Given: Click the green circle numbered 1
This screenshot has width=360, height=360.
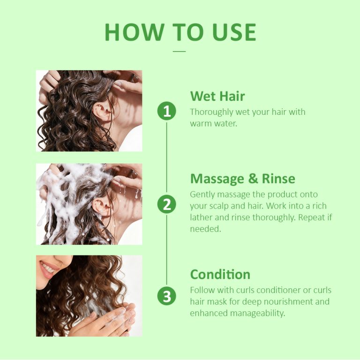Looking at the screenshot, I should [x=166, y=112].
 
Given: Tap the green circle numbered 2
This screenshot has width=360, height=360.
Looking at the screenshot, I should [x=166, y=204].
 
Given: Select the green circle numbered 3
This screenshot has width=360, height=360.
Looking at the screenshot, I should [x=166, y=297].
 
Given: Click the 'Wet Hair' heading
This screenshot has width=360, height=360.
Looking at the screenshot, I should [x=217, y=97].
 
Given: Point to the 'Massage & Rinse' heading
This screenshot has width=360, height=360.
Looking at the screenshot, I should [x=242, y=179].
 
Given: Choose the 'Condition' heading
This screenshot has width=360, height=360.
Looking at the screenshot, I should [x=220, y=274].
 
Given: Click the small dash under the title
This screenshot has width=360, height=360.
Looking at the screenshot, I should [x=180, y=51].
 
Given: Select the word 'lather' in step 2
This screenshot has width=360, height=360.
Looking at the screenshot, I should [x=202, y=217].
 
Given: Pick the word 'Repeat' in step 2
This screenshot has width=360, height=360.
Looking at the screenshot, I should [x=302, y=217].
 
